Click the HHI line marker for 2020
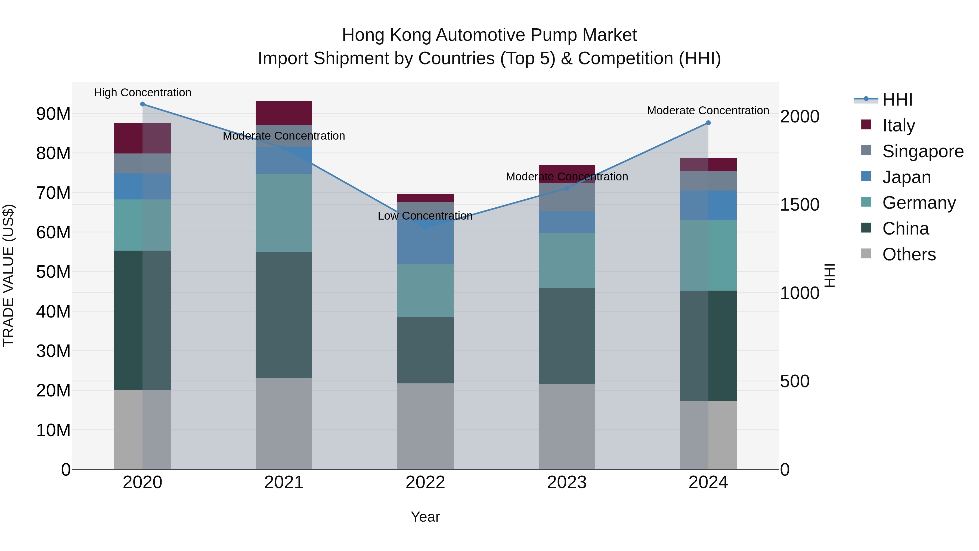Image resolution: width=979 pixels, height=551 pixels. tap(142, 104)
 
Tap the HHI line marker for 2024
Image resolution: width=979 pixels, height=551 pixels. tap(708, 123)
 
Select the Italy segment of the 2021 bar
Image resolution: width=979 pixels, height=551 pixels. tap(284, 113)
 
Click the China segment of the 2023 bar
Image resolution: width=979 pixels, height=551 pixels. tap(567, 336)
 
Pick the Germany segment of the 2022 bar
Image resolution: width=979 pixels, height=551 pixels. tap(425, 290)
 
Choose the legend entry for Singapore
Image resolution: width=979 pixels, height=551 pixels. tap(922, 151)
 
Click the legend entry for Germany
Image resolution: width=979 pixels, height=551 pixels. tap(919, 203)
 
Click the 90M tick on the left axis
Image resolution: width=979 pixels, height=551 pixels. tap(53, 114)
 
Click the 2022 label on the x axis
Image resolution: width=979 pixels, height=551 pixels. tap(425, 482)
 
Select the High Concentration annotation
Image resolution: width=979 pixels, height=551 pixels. tap(142, 93)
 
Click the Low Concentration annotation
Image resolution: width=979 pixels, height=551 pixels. tap(425, 216)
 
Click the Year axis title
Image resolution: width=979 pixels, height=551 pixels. tap(425, 517)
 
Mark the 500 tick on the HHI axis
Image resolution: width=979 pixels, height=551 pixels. tap(795, 381)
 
